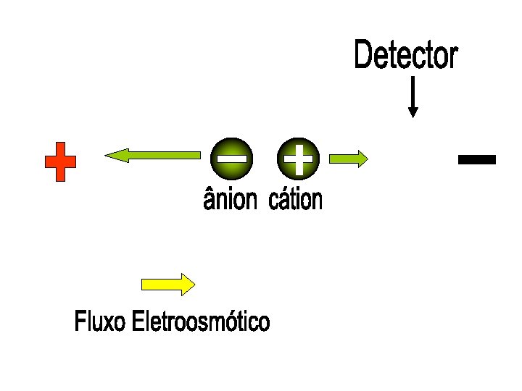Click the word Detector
[406, 56]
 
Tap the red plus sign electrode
[60, 161]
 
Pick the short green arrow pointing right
[349, 159]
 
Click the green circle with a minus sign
[231, 157]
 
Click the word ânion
[231, 199]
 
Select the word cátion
[295, 199]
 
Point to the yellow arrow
[167, 284]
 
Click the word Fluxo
[101, 321]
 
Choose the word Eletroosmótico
[201, 321]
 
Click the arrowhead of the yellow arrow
[187, 284]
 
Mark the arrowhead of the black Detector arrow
[413, 112]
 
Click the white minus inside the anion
[231, 157]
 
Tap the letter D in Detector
[363, 56]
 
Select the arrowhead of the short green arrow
[362, 159]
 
